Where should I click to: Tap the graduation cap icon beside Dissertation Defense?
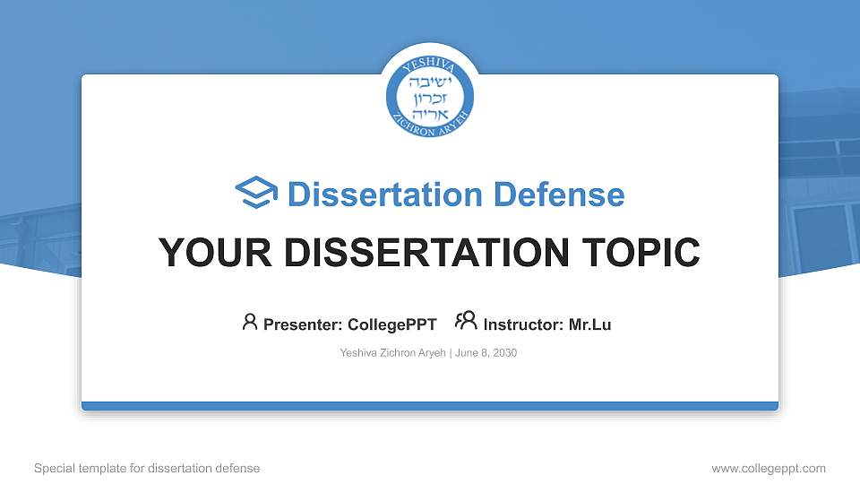point(256,194)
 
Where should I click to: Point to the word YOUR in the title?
point(205,253)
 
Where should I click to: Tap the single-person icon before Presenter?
point(250,322)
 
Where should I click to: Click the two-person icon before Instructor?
point(466,322)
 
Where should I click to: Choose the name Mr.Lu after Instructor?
point(589,324)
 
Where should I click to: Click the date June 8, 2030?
point(486,353)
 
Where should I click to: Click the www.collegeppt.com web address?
point(769,468)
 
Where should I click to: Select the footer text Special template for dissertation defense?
point(147,468)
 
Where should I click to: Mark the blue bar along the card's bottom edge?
point(430,406)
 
